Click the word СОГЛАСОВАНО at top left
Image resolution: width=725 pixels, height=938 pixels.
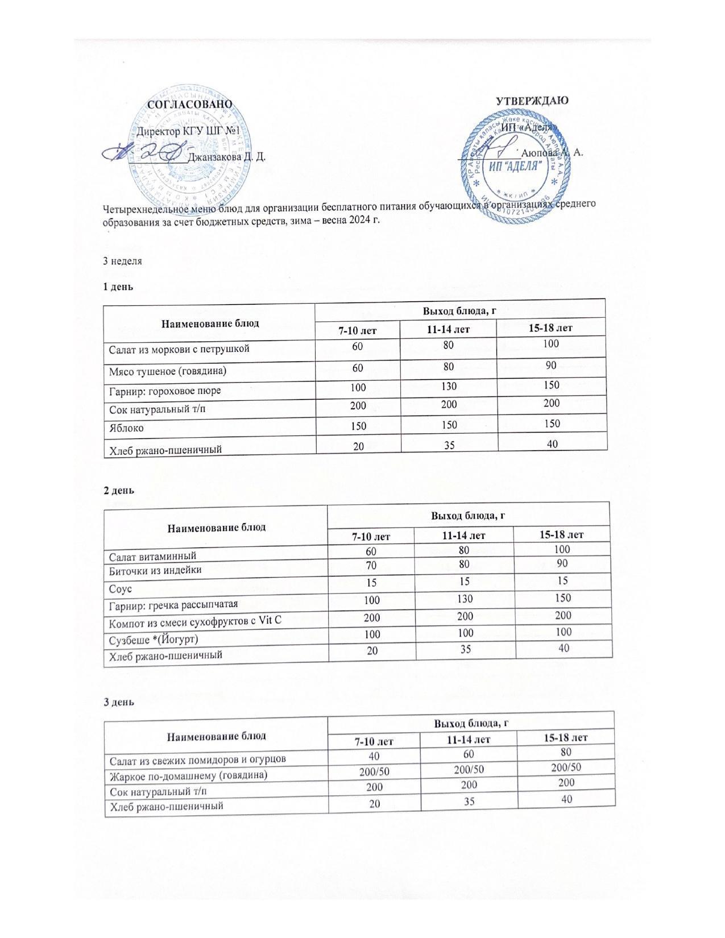(190, 105)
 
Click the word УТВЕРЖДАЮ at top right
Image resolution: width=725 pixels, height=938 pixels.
(532, 101)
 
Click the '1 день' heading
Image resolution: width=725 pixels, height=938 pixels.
(117, 287)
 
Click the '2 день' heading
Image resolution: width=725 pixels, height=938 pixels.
(118, 489)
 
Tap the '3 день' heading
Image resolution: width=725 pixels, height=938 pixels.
(119, 702)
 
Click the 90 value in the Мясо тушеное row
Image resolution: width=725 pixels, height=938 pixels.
(550, 366)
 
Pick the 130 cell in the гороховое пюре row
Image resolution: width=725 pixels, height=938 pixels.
(448, 387)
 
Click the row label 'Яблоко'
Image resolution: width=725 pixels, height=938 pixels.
(126, 428)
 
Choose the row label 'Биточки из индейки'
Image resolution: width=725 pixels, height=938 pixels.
(155, 570)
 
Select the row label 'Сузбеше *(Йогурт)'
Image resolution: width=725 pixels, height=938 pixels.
(154, 640)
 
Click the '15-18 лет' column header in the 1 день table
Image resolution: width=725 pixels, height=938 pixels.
(550, 328)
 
